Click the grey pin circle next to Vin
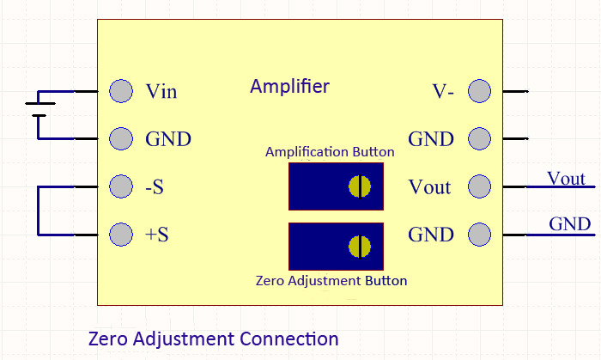click(x=122, y=90)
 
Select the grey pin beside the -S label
click(x=122, y=186)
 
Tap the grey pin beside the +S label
click(x=122, y=233)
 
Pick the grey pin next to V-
click(x=479, y=90)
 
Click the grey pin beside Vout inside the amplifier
click(x=479, y=186)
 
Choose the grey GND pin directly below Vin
click(x=122, y=138)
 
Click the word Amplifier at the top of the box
click(x=289, y=87)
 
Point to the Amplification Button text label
click(x=330, y=152)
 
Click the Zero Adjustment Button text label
click(x=331, y=280)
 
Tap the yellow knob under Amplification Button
click(x=359, y=186)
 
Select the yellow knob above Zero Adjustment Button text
click(x=359, y=247)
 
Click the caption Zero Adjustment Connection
click(x=214, y=339)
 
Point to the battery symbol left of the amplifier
click(x=37, y=107)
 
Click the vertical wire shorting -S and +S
click(x=37, y=209)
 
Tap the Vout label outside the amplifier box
click(x=566, y=179)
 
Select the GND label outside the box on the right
click(x=569, y=225)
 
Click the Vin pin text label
click(x=161, y=91)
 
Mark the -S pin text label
click(x=155, y=186)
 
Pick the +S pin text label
click(x=156, y=234)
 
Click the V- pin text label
click(x=444, y=91)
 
